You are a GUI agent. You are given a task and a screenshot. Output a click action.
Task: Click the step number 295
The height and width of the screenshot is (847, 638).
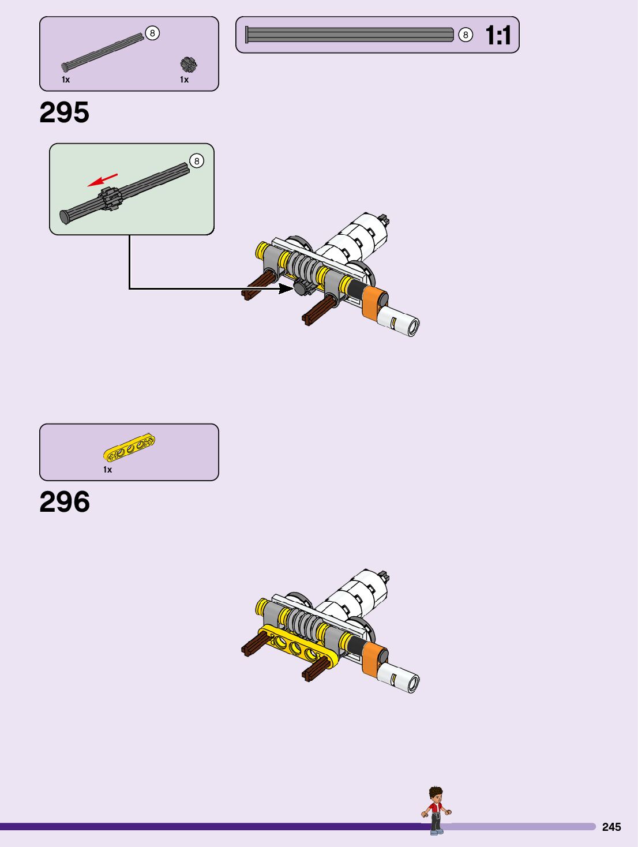pos(64,113)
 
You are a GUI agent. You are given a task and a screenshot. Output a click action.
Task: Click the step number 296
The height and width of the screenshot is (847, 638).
pos(65,502)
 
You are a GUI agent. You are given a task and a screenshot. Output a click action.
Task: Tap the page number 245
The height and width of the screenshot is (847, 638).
pos(611,827)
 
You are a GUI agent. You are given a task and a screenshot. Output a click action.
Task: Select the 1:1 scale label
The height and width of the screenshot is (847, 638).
pos(498,36)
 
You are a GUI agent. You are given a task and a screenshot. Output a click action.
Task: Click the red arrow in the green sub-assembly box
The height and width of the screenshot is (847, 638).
pos(102,180)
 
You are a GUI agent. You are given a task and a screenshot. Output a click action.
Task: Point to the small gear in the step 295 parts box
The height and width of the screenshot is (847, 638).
pos(188,64)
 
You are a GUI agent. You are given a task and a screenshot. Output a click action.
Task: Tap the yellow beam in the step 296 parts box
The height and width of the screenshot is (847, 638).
pos(129,448)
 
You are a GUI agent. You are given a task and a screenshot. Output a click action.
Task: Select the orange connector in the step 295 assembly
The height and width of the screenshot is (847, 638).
pos(374,302)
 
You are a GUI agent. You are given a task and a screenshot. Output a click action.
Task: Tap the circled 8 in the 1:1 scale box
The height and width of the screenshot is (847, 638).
pos(466,35)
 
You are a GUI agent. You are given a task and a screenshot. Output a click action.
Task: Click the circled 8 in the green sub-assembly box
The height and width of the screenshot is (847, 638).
pos(197,161)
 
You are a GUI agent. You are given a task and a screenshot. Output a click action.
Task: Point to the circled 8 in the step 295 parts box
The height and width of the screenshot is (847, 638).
pos(152,33)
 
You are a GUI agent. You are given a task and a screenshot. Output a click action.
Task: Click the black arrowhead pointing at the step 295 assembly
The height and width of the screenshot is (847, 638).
pos(286,288)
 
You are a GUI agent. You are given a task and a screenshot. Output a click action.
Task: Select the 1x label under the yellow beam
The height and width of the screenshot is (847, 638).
pos(107,470)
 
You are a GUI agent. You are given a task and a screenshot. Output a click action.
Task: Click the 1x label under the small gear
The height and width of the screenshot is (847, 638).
pos(184,80)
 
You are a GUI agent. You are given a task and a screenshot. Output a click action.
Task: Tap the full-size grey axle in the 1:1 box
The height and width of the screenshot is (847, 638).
pos(350,35)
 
